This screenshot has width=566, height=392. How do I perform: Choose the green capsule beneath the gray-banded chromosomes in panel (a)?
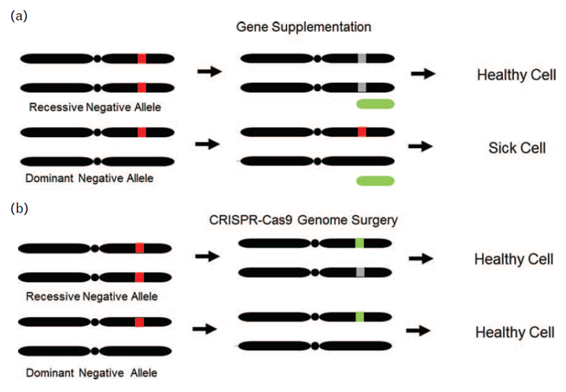[x=376, y=104]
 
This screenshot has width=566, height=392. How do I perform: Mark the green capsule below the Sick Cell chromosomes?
[x=376, y=181]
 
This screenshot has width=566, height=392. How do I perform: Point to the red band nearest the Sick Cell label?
[x=362, y=131]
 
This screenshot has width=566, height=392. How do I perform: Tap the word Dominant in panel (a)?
[x=50, y=178]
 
